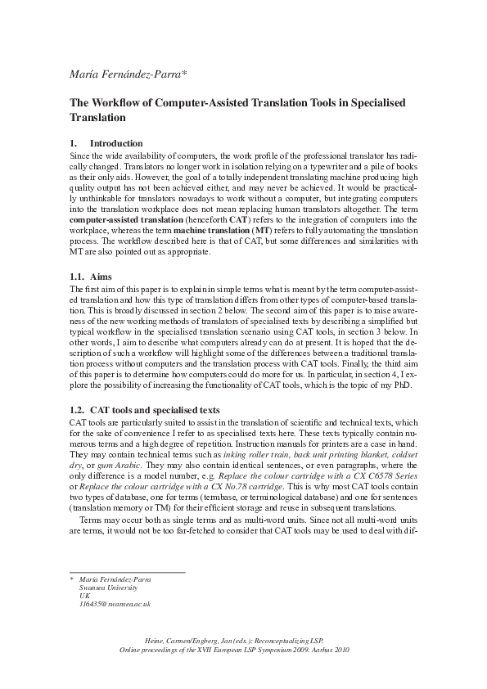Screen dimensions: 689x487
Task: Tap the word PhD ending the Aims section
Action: pos(410,385)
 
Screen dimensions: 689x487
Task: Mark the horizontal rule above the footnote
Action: pos(127,572)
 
